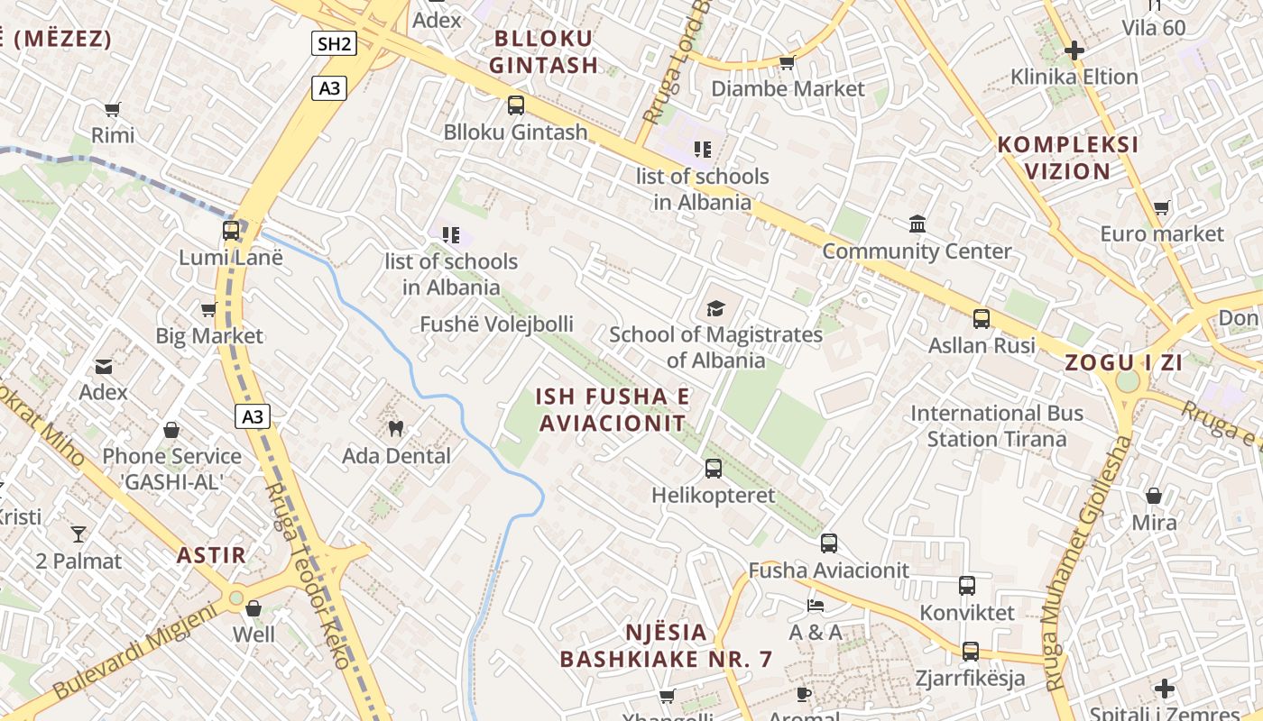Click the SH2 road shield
tap(334, 43)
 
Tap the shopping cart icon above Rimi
tap(113, 110)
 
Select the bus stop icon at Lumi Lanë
tap(231, 231)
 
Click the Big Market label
tap(209, 336)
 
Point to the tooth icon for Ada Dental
tap(395, 428)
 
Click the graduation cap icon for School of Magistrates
tap(715, 309)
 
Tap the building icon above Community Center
tap(917, 224)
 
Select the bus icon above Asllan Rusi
tap(982, 319)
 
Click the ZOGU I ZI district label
tap(1123, 363)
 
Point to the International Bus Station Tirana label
tap(996, 426)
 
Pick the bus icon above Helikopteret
tap(714, 469)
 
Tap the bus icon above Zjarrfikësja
tap(971, 651)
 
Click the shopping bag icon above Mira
tap(1154, 496)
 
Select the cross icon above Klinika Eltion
tap(1074, 50)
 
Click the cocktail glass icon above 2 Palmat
tap(78, 534)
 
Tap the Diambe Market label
tap(788, 88)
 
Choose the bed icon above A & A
tap(816, 605)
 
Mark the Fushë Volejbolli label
tap(496, 324)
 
